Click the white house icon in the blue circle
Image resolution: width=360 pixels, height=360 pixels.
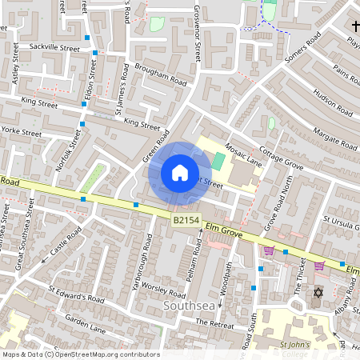(x=180, y=172)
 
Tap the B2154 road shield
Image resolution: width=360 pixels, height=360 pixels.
(x=185, y=219)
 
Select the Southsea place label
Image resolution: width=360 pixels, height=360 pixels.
(x=189, y=306)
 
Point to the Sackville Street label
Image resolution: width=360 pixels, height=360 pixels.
(x=55, y=49)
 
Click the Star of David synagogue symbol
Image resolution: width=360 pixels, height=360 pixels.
(x=318, y=292)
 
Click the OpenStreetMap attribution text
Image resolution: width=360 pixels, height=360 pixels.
(x=80, y=354)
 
